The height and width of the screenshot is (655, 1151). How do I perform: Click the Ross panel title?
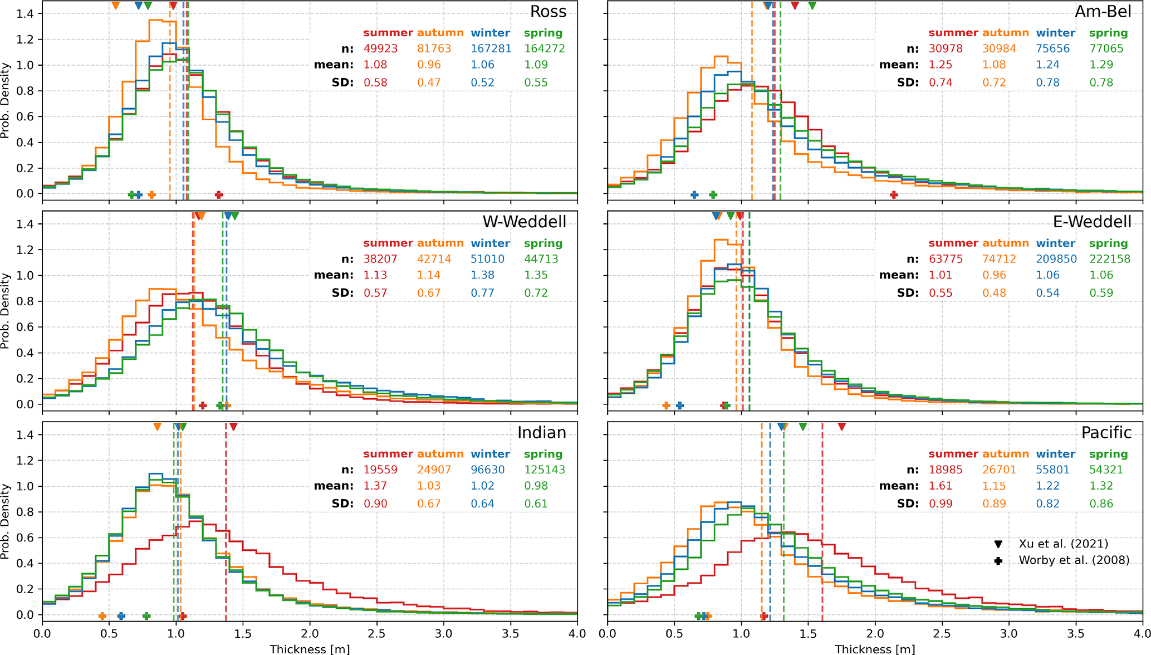548,12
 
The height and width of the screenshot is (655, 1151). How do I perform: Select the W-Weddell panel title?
524,222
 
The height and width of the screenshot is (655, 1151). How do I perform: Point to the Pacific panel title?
1106,433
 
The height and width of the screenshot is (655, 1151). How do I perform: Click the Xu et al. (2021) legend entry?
1063,544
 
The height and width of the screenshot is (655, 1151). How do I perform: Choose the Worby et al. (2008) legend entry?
1074,560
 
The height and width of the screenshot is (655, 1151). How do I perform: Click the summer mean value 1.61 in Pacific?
941,486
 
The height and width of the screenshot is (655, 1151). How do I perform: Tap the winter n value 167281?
491,49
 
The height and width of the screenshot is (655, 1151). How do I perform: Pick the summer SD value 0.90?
375,504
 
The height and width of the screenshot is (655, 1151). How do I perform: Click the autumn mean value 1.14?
429,276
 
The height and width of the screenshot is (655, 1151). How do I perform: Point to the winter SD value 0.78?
1047,83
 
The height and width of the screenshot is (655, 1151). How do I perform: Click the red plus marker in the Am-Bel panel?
894,195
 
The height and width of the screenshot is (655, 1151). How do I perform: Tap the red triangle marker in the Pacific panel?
841,427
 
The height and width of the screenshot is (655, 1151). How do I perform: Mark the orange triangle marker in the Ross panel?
115,6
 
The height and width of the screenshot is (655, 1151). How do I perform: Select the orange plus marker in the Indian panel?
102,616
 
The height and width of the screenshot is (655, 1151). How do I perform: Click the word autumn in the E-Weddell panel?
1005,243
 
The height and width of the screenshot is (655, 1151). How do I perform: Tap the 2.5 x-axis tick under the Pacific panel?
942,634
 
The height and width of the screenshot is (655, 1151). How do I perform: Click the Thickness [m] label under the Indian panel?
310,649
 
